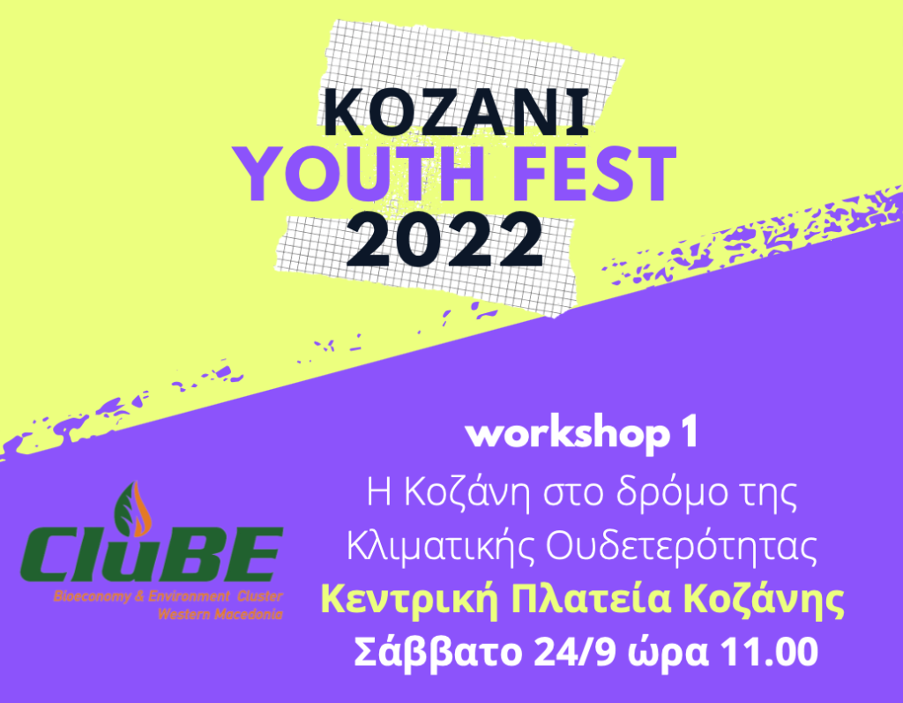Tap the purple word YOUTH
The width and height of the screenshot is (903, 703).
pyautogui.click(x=358, y=174)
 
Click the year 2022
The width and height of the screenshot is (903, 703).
pyautogui.click(x=444, y=239)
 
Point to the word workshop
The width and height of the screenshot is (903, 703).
pyautogui.click(x=568, y=434)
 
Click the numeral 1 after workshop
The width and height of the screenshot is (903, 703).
pyautogui.click(x=690, y=433)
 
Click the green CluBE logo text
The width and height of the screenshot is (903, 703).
pyautogui.click(x=152, y=555)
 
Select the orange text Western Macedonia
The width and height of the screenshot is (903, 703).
pyautogui.click(x=220, y=614)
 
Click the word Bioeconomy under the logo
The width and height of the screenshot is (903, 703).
pyautogui.click(x=92, y=596)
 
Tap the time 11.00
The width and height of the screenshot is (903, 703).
pyautogui.click(x=769, y=653)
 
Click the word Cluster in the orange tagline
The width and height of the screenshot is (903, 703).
pyautogui.click(x=260, y=595)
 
